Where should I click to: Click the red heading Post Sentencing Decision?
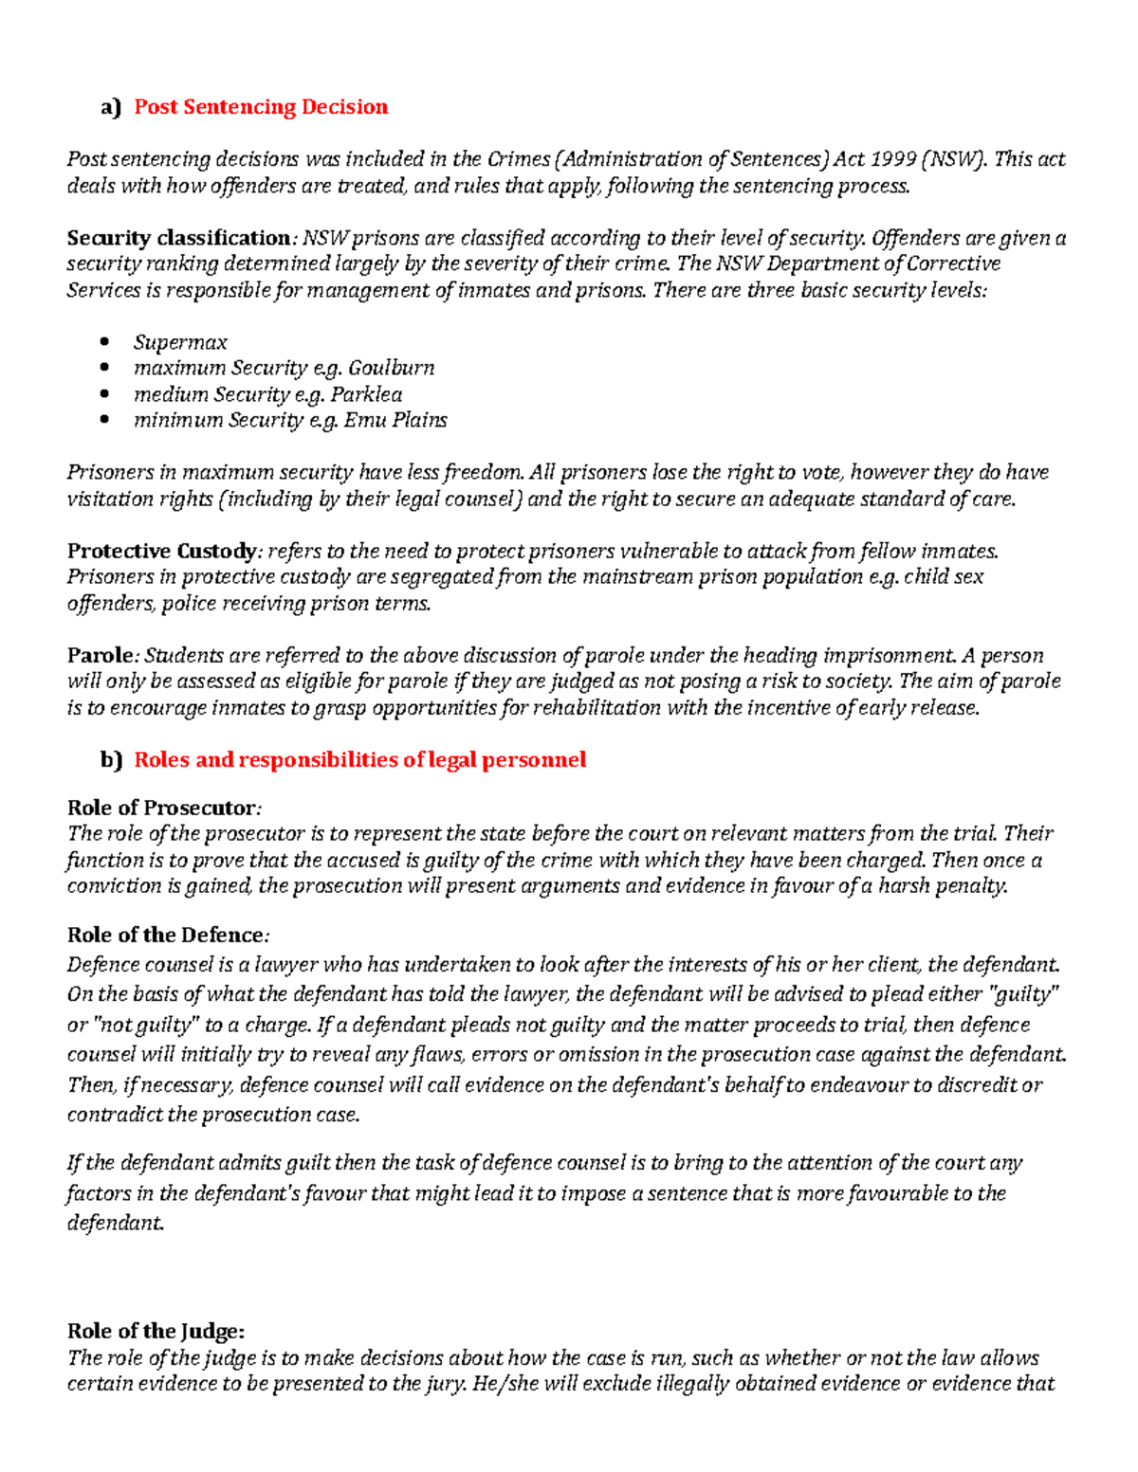pos(261,107)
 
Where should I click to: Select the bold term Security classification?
pos(178,238)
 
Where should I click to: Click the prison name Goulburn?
pos(392,368)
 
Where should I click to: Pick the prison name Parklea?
pos(366,394)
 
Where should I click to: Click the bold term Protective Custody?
pos(160,552)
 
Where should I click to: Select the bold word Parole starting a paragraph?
pos(101,656)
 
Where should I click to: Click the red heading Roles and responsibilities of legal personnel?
pos(360,760)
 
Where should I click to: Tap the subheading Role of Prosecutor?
pos(161,809)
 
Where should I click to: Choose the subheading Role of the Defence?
pos(166,936)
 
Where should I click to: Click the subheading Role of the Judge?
pos(156,1331)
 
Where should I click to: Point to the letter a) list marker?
pos(111,108)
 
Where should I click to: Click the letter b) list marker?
pos(111,760)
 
